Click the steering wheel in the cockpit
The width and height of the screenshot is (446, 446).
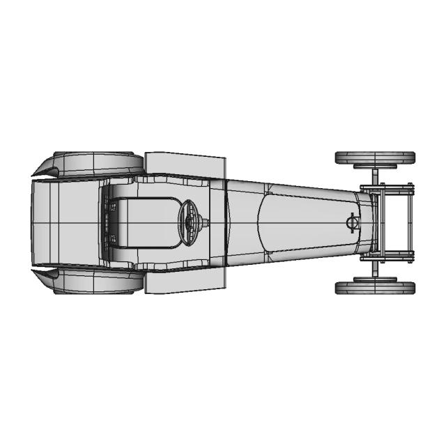[189, 222]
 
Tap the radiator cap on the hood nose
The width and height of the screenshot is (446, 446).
[352, 222]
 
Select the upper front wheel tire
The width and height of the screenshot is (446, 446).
[374, 157]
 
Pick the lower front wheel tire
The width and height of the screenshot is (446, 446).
[374, 287]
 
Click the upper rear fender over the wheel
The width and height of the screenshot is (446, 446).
[94, 163]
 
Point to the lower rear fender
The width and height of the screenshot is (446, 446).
[94, 282]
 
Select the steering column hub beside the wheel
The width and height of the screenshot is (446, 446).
[206, 223]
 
